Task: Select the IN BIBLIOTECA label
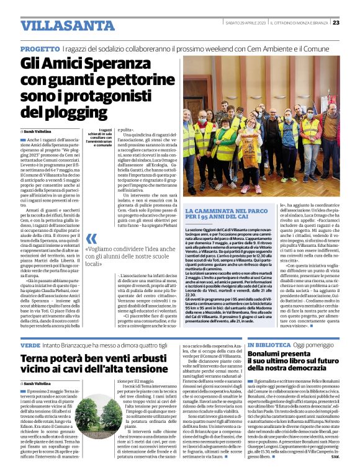(x=270, y=344)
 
